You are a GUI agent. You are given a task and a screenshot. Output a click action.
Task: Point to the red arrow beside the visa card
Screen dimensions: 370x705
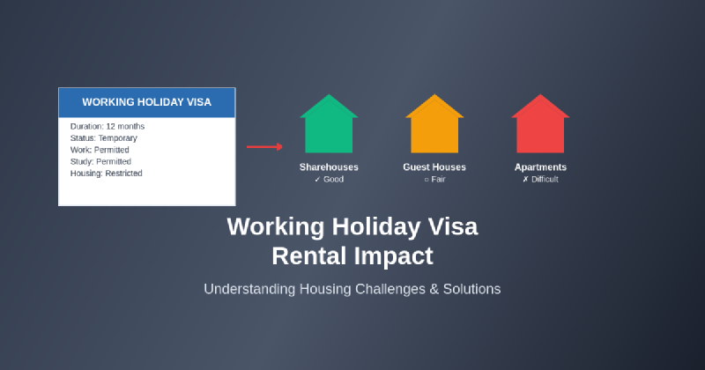click(264, 146)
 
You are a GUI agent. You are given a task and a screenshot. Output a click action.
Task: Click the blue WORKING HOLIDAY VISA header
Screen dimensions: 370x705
click(147, 102)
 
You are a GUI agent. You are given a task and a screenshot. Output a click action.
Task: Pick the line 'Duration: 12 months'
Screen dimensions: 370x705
click(108, 126)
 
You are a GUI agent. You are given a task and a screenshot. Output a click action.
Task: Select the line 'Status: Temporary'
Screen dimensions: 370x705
click(104, 138)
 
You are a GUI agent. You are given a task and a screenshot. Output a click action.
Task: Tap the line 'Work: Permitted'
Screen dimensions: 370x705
click(100, 150)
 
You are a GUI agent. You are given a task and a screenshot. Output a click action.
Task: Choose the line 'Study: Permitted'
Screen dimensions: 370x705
click(100, 162)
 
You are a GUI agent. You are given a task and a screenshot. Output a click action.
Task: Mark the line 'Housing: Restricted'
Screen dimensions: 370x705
click(107, 174)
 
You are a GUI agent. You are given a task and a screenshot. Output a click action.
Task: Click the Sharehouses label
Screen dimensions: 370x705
click(329, 167)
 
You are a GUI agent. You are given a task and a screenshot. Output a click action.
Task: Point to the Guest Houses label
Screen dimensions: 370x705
click(434, 167)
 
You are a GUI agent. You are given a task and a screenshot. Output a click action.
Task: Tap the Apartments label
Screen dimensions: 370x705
click(540, 167)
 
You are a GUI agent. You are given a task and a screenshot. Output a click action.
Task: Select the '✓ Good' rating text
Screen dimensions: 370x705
click(329, 180)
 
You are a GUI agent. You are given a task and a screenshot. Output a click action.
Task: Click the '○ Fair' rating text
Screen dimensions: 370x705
click(434, 180)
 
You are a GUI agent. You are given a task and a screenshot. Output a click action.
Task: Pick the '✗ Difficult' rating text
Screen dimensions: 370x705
click(540, 180)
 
